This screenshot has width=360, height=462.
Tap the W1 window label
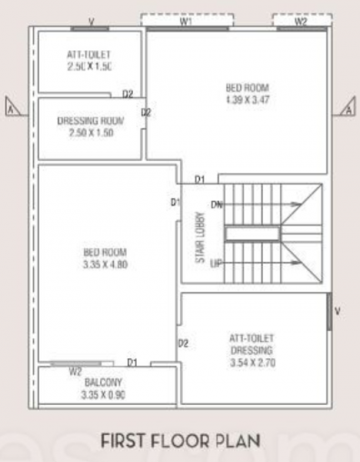(185, 22)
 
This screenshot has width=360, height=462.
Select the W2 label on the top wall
(301, 22)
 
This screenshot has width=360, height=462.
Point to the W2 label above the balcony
(75, 371)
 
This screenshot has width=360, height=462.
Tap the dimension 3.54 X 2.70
(252, 360)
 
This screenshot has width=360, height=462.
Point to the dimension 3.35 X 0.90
(104, 396)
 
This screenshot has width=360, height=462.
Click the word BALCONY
(104, 383)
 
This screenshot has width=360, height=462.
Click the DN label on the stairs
(216, 205)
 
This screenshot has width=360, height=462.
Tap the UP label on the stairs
(216, 263)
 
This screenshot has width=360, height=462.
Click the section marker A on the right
(348, 107)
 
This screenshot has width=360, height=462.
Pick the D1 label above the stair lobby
(200, 179)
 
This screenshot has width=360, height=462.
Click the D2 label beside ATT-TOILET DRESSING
(184, 343)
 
